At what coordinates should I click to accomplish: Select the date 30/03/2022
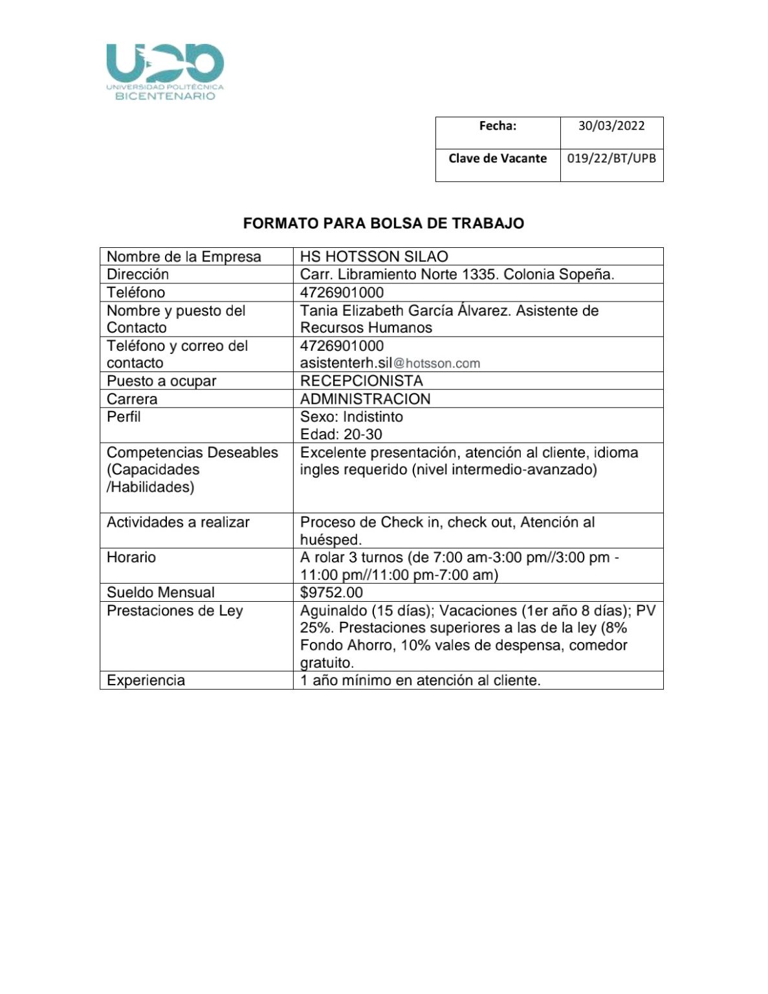coord(611,126)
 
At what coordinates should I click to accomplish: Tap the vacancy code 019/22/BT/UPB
coord(611,158)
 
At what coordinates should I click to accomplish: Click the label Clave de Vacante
coord(498,158)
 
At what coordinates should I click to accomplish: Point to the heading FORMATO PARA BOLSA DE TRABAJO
coord(384,223)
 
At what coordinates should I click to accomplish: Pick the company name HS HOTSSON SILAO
coord(374,256)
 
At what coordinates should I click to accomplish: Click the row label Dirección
coord(138,274)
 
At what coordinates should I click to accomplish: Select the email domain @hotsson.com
coord(437,364)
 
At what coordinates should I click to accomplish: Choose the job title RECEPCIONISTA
coord(361,381)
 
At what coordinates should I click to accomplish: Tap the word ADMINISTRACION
coord(365,399)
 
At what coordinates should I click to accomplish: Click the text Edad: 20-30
coord(341,434)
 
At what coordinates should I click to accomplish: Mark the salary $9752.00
coord(331,592)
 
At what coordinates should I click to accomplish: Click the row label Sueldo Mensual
coord(160,592)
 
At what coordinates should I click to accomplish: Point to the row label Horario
coord(131,557)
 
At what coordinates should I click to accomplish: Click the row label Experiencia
coord(146,680)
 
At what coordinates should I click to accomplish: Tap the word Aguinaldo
coord(333,610)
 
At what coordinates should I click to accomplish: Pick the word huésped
coord(331,540)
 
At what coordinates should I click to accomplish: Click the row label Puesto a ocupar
coord(161,381)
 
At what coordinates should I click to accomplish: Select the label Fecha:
coord(498,126)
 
